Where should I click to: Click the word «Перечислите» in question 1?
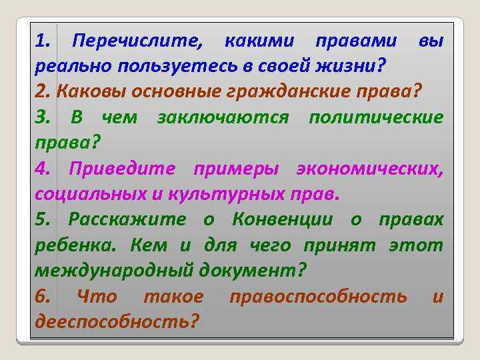tap(137, 42)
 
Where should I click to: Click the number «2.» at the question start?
tap(43, 92)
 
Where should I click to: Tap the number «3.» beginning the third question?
tap(43, 118)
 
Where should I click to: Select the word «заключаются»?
tap(223, 118)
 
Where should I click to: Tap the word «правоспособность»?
tap(319, 296)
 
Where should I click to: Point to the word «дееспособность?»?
tap(117, 321)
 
